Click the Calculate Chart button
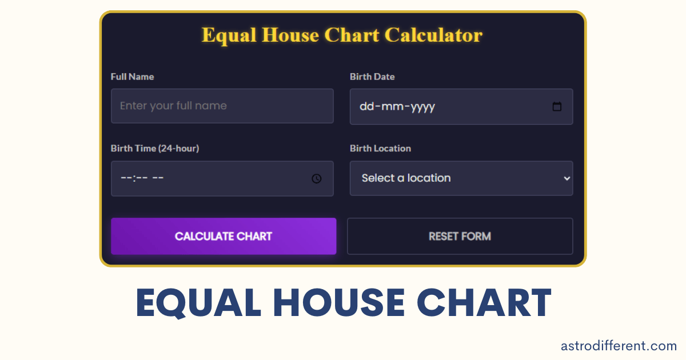[x=224, y=236]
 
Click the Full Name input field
[x=222, y=106]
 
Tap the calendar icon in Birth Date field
[x=557, y=107]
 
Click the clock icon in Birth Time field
[x=317, y=179]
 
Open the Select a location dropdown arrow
[x=567, y=178]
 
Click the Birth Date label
[x=372, y=77]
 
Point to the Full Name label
[x=132, y=77]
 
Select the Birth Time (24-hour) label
[x=155, y=149]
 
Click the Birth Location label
[x=380, y=149]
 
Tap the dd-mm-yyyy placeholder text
[x=397, y=107]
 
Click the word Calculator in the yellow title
[x=434, y=35]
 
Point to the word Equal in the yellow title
[x=229, y=35]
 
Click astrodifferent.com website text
[x=619, y=345]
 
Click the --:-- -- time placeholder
[x=142, y=178]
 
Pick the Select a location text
[x=406, y=178]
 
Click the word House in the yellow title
[x=292, y=35]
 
